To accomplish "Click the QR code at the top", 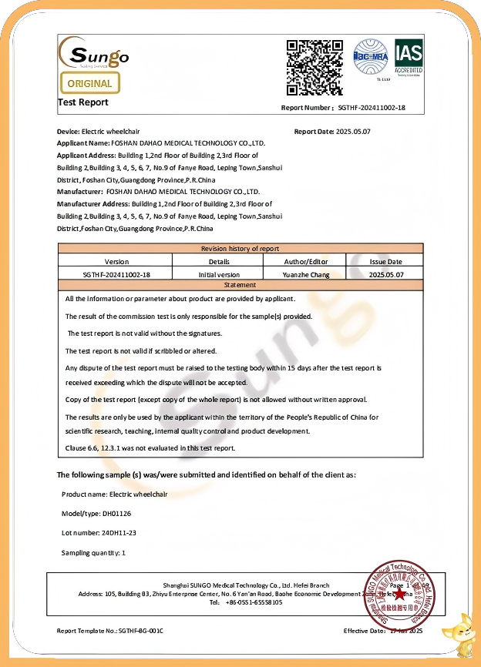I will (x=314, y=67).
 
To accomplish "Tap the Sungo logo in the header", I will (x=94, y=54).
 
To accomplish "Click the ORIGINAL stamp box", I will (x=89, y=83).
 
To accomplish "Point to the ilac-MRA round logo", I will (x=371, y=58).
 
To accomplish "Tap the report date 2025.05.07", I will (x=354, y=132).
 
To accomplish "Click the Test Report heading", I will (x=83, y=102).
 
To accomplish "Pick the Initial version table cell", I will (x=219, y=274).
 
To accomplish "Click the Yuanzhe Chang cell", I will (x=307, y=274).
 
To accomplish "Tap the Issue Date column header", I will (x=385, y=262).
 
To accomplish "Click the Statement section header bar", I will (x=240, y=285).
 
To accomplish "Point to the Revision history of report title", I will (x=240, y=249).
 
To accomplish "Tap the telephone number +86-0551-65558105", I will (x=254, y=602).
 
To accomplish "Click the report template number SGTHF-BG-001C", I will (x=140, y=631).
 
